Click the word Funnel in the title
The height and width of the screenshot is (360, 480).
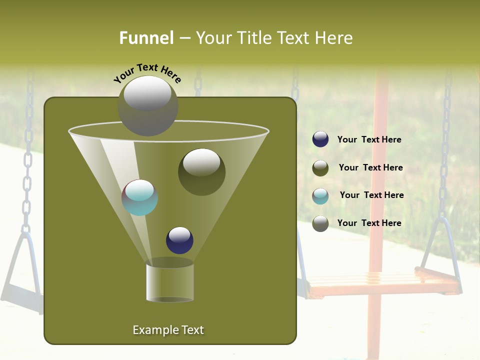tap(146, 37)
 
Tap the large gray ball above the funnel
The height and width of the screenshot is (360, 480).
tap(148, 105)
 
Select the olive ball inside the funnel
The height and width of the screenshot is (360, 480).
tap(201, 171)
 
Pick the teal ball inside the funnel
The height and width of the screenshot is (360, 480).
tap(139, 197)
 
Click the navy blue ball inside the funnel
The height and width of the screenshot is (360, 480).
tap(179, 240)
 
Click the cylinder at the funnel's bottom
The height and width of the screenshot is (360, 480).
tap(169, 282)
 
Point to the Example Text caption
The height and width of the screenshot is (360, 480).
tap(168, 330)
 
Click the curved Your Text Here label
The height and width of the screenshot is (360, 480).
tap(147, 73)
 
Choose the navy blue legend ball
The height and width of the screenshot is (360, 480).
tap(320, 139)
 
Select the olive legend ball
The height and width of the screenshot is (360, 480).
tap(320, 168)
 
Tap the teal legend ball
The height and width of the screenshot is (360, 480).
tap(320, 195)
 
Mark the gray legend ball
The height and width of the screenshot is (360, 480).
tap(320, 223)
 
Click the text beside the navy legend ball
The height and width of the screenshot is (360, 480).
tap(369, 139)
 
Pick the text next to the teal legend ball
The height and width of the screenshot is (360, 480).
tap(371, 195)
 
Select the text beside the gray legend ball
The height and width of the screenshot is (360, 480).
tap(369, 223)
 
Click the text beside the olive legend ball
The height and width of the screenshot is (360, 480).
tap(370, 167)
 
